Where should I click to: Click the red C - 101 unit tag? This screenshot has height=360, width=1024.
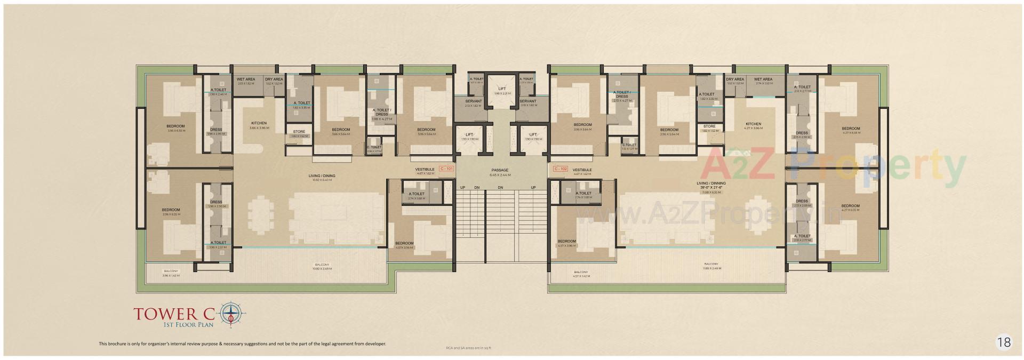click(446, 169)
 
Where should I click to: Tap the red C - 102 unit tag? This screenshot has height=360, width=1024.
click(560, 169)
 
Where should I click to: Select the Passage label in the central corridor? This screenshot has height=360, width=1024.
click(500, 171)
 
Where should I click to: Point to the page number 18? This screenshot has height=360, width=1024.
click(1003, 342)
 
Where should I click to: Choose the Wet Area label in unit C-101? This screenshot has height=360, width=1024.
click(246, 79)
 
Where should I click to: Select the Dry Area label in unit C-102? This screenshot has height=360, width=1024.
click(735, 79)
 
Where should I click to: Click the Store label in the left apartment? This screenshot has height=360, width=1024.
click(299, 131)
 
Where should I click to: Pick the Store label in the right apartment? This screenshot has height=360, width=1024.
click(709, 126)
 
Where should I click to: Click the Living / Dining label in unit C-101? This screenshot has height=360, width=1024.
click(322, 175)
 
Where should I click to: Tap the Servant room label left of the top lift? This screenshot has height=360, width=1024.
click(473, 101)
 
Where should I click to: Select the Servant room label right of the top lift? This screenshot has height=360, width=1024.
click(527, 101)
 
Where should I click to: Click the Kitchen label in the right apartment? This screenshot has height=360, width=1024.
click(753, 124)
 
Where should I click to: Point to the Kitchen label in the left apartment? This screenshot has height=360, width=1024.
click(259, 123)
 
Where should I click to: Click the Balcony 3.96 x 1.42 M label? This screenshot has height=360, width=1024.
click(171, 270)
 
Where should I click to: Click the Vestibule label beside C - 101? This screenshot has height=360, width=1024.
click(425, 169)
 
